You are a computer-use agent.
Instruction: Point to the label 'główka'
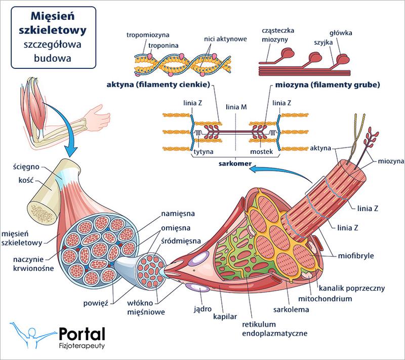(x=341, y=33)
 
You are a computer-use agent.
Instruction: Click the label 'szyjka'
(x=323, y=43)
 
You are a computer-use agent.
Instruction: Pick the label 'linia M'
(x=236, y=107)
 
